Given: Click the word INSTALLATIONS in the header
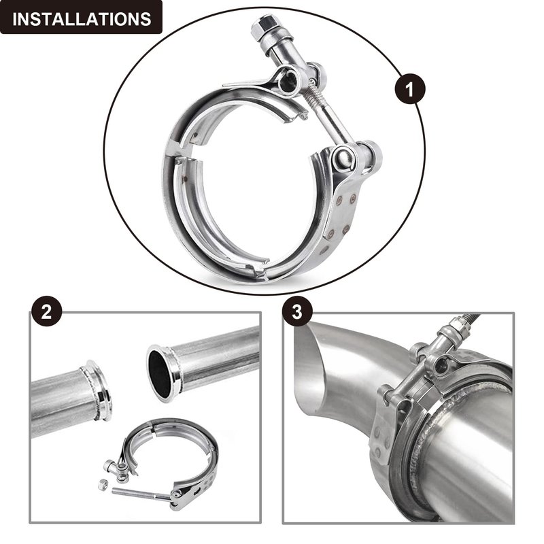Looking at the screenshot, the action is (82, 19).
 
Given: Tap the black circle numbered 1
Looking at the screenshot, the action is (410, 89).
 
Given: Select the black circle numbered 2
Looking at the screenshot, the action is (46, 311).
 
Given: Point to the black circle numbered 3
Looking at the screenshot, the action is (297, 311).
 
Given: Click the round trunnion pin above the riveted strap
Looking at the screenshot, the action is (343, 159).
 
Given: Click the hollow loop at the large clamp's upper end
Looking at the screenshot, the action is (288, 80).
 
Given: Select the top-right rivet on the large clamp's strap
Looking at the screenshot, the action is (353, 199).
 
